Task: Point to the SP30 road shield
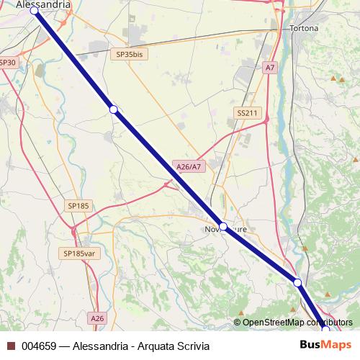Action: [7, 63]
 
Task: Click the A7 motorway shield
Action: [269, 67]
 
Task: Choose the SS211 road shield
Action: [247, 113]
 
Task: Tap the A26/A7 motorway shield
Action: [189, 166]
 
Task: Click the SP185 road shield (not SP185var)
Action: [78, 206]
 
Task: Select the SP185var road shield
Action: [79, 253]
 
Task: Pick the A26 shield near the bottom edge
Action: [98, 318]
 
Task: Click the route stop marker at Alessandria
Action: [34, 11]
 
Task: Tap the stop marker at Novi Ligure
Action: [223, 227]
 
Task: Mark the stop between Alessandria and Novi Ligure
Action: [113, 109]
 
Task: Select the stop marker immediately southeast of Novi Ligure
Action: [297, 282]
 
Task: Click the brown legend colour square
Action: [11, 345]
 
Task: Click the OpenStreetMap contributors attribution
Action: [297, 322]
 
